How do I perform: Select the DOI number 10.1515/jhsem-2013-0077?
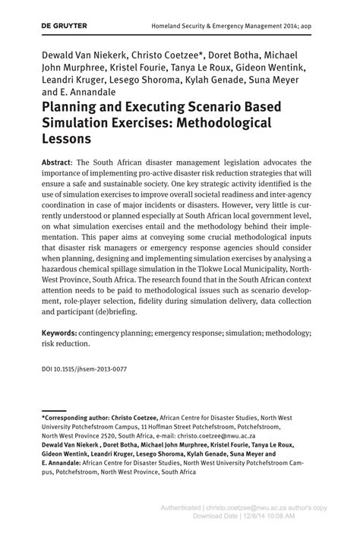click(93, 369)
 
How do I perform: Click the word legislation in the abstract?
click(254, 163)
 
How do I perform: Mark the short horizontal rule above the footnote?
click(53, 409)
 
